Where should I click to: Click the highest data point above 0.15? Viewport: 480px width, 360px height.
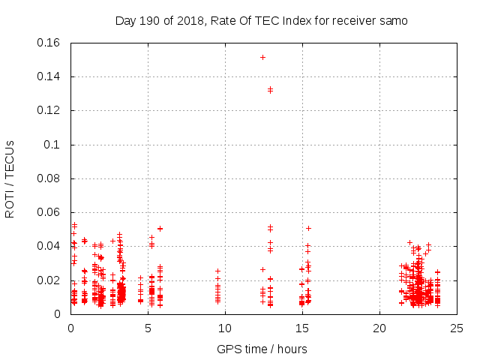tap(262, 57)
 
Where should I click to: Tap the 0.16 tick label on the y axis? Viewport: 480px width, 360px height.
tap(49, 43)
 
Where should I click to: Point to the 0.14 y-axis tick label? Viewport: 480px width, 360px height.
tap(49, 76)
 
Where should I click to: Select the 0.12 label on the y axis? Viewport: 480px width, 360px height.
tap(49, 110)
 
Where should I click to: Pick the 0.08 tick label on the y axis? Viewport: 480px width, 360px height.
tap(49, 178)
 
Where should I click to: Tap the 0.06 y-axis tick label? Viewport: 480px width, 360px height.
tap(49, 212)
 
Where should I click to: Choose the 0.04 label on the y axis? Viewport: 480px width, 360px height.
tap(49, 246)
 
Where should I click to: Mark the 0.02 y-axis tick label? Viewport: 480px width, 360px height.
tap(49, 280)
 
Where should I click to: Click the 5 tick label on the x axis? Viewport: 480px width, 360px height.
tap(148, 328)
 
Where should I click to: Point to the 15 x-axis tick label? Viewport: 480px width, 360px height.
tap(302, 328)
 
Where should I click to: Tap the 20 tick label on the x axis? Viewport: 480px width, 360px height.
tap(379, 328)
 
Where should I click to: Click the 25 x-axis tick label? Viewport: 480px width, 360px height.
tap(457, 328)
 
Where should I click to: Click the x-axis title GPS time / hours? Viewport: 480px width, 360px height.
tap(262, 349)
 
